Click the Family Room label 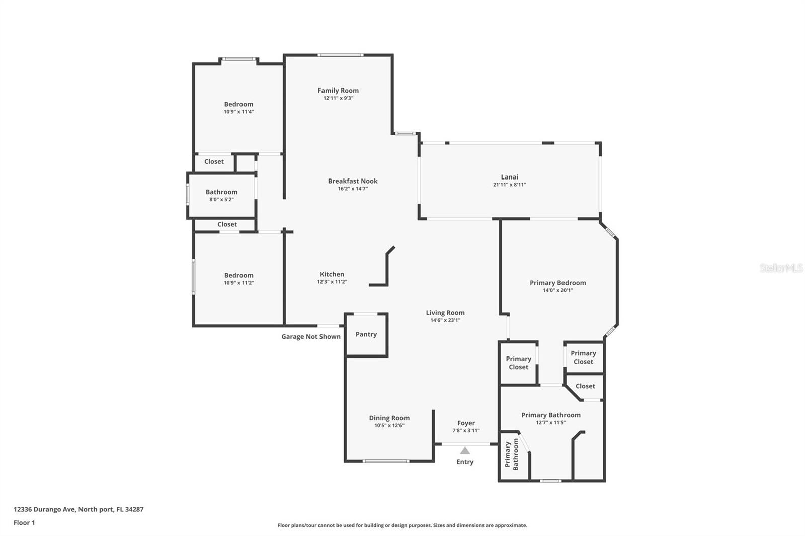tap(338, 91)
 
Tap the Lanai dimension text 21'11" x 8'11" tap(509, 185)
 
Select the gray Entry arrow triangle tap(465, 451)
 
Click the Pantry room tap(366, 334)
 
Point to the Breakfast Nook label tap(353, 181)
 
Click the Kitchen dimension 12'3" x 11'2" tap(332, 282)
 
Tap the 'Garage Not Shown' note tap(310, 337)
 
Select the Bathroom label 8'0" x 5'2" tap(221, 195)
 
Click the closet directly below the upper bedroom tap(214, 162)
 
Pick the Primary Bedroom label tap(557, 283)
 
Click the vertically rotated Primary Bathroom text tap(511, 455)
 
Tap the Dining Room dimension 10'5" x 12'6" tap(389, 425)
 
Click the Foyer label tap(466, 423)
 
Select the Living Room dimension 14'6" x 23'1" tap(445, 320)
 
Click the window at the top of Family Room tap(341, 55)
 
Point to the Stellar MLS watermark tap(781, 268)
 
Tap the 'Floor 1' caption tap(24, 523)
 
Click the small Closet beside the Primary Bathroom tap(585, 386)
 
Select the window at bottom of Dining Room tap(386, 461)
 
